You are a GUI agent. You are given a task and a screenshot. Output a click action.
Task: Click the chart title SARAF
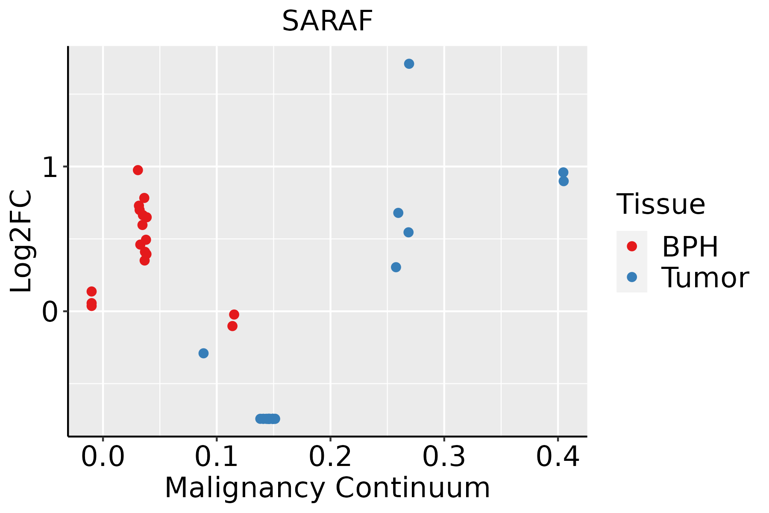click(328, 21)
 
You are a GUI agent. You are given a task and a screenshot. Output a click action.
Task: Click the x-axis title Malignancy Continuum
click(327, 488)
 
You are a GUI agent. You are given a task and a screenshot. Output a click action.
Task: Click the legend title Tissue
click(660, 204)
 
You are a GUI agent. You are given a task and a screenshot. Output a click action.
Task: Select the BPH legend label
click(690, 247)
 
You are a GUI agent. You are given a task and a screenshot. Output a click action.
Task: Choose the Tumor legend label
click(705, 278)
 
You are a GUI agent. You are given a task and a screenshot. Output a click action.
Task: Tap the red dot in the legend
click(631, 246)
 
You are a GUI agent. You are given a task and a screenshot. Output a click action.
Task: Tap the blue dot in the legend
click(631, 277)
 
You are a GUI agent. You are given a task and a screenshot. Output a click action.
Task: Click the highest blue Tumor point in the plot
click(409, 64)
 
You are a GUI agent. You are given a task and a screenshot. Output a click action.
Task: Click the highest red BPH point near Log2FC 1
click(138, 170)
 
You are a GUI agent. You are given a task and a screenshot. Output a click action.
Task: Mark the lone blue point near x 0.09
click(203, 353)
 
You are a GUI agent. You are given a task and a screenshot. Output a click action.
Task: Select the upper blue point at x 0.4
click(563, 172)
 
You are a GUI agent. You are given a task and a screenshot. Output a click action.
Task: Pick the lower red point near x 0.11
click(232, 326)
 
